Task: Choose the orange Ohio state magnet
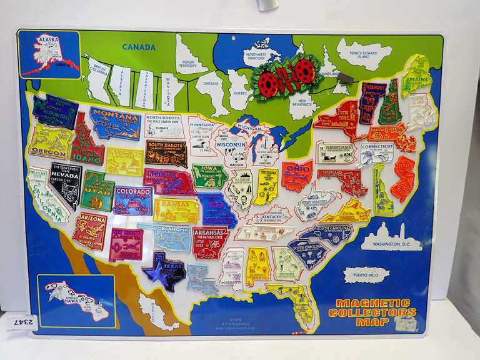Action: (297, 176)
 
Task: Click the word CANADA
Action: (139, 47)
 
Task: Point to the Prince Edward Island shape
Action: (364, 54)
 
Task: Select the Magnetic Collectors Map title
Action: (376, 312)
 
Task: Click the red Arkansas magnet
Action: (210, 242)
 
